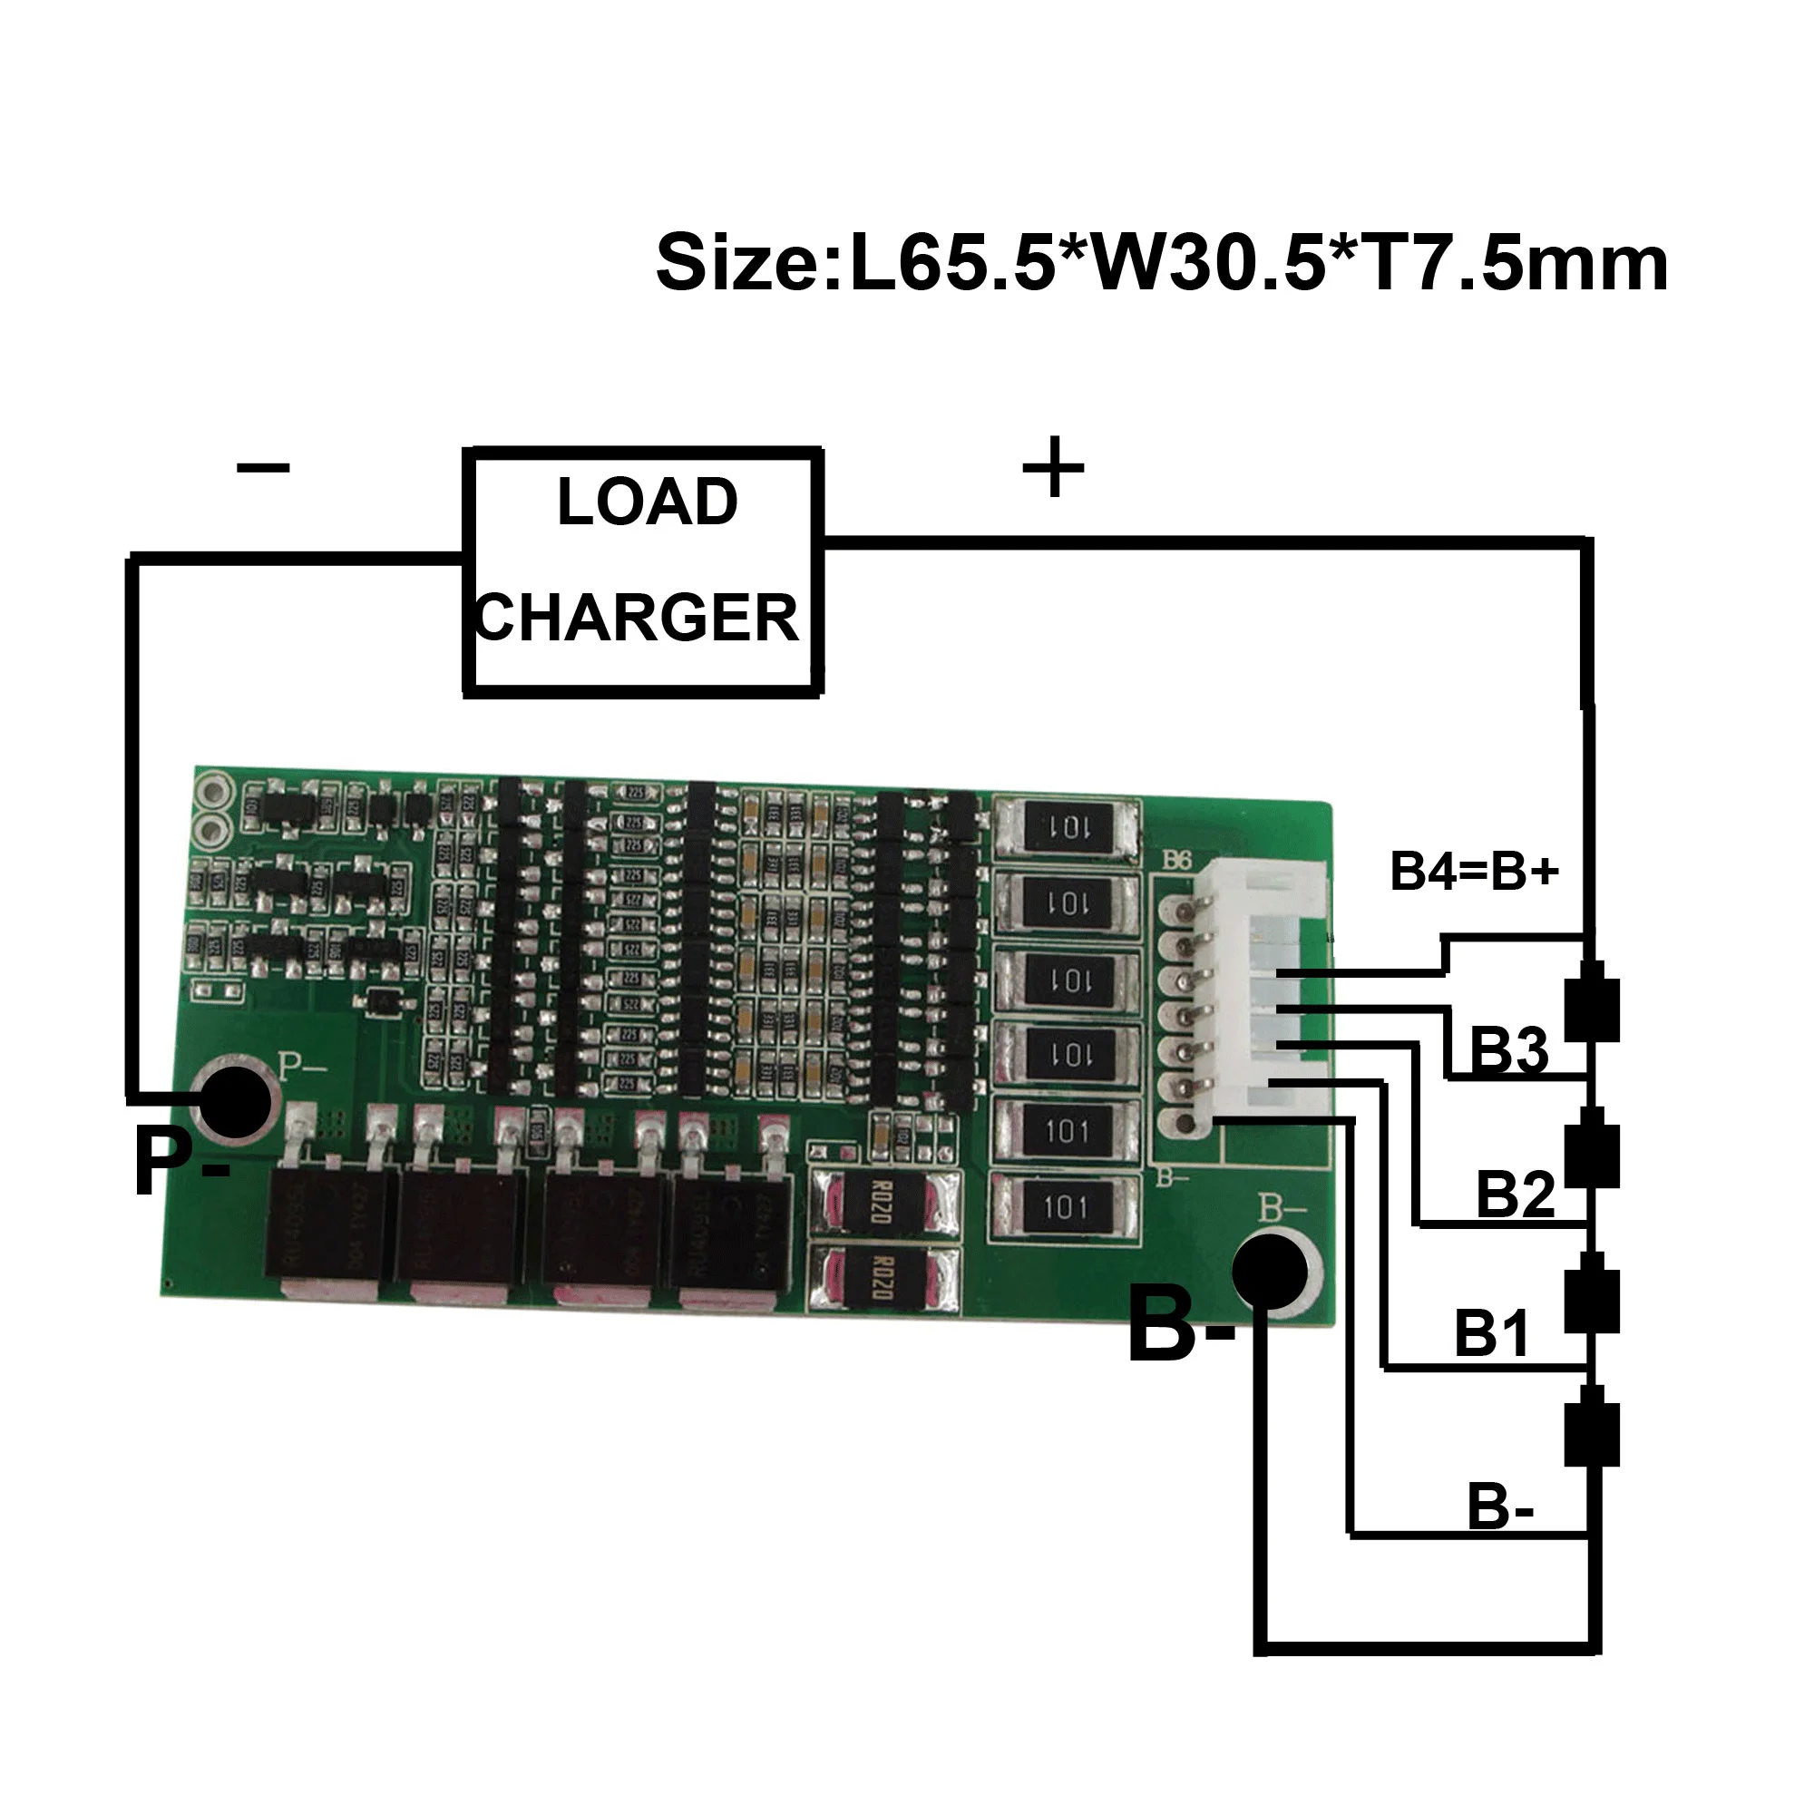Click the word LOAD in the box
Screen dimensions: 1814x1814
point(647,502)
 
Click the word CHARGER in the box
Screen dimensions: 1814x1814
point(638,618)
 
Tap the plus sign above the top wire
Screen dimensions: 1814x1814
point(1052,465)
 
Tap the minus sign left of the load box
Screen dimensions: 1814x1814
point(264,466)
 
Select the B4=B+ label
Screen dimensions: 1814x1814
point(1474,871)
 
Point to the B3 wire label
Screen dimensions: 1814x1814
point(1508,1048)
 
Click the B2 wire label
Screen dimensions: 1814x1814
point(1515,1195)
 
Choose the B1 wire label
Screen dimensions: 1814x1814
point(1492,1332)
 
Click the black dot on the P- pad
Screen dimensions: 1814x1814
point(235,1101)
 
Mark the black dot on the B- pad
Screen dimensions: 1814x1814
point(1270,1272)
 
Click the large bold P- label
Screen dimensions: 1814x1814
point(180,1163)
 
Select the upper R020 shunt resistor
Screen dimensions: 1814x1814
point(883,1201)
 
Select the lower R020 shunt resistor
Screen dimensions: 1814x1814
point(883,1278)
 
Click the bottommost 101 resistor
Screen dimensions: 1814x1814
point(1067,1205)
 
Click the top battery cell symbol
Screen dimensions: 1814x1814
point(1592,1001)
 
